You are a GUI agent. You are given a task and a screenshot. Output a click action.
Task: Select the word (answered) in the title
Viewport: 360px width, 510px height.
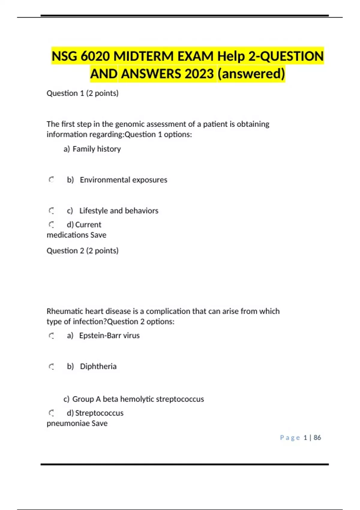click(x=251, y=74)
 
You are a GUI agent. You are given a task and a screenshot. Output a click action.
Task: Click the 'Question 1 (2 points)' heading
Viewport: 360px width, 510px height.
click(x=82, y=93)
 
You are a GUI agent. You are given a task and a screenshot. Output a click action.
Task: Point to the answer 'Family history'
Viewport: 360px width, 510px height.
click(x=97, y=149)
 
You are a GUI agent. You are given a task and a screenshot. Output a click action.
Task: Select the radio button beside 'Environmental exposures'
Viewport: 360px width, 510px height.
click(x=51, y=180)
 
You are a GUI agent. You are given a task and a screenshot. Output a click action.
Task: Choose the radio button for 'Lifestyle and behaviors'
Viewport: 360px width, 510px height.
click(x=51, y=211)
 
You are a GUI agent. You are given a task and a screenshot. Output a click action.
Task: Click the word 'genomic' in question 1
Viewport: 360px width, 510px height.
click(x=130, y=124)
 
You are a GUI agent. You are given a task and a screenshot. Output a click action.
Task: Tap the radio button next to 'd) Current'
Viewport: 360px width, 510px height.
click(x=51, y=224)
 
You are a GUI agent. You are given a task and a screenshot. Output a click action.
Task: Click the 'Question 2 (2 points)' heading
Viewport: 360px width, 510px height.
click(x=82, y=250)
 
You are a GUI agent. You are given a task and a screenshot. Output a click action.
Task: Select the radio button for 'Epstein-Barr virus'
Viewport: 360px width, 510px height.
click(x=51, y=336)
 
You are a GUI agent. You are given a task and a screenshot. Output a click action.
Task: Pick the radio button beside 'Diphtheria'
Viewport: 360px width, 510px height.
click(x=51, y=366)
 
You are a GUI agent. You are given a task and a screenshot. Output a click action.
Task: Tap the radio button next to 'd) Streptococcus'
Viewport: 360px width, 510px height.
click(x=51, y=413)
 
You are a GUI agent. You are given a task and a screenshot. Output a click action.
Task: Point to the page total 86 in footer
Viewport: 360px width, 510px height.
click(x=317, y=438)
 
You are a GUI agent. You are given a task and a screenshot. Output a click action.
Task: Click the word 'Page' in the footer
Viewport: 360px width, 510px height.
click(x=290, y=438)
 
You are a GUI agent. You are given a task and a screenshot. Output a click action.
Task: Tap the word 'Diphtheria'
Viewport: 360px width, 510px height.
click(x=98, y=366)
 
